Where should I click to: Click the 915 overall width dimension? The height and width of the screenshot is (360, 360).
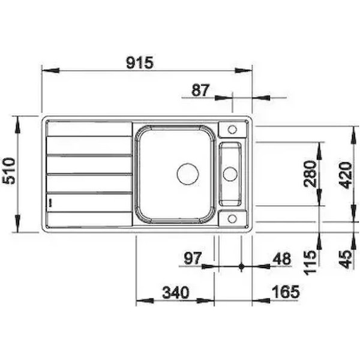[x=140, y=62]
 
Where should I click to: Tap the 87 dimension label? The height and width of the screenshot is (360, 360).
[x=200, y=90]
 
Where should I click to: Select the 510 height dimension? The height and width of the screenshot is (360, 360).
[x=9, y=171]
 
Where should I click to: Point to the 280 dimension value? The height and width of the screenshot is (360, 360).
[x=310, y=174]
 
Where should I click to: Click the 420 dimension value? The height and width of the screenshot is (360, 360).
[x=346, y=175]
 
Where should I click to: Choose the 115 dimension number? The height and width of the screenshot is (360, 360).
[x=310, y=263]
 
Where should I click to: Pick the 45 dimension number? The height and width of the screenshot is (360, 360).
[x=346, y=259]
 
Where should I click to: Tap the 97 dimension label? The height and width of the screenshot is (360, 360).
[x=193, y=258]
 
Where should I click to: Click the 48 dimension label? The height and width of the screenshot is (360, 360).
[x=281, y=259]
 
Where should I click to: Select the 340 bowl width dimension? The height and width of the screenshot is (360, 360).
[x=176, y=293]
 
